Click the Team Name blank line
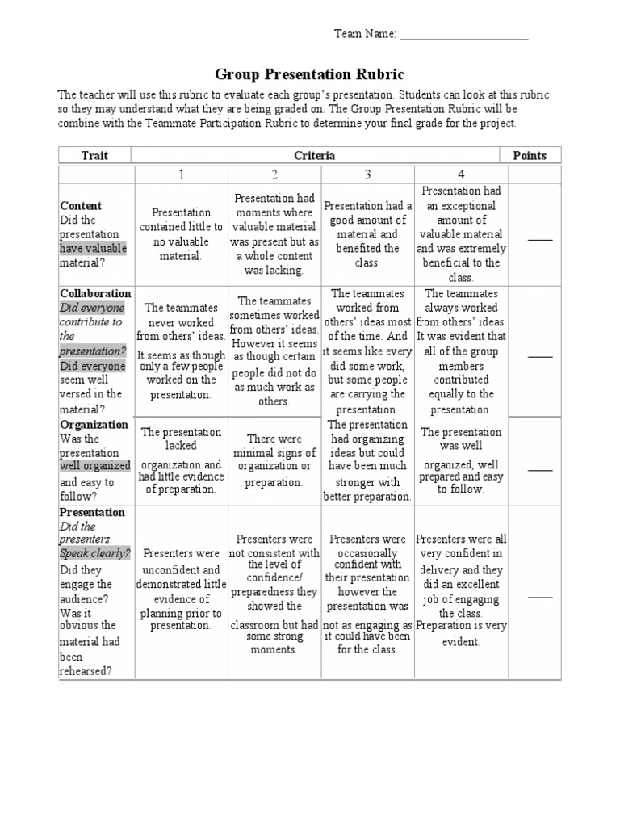[463, 35]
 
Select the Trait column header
[94, 155]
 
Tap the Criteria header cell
[315, 155]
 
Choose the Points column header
[530, 155]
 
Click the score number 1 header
[182, 174]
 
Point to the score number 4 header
[460, 174]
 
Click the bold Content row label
[81, 206]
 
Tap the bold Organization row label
[94, 425]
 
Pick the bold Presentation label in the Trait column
[92, 512]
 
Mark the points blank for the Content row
[540, 239]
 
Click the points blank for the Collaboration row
[540, 355]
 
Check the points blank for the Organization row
[540, 468]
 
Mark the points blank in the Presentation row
[540, 596]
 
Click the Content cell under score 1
[181, 234]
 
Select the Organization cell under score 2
[274, 460]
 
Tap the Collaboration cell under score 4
[461, 351]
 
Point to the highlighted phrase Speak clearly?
[95, 554]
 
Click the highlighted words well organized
[95, 466]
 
